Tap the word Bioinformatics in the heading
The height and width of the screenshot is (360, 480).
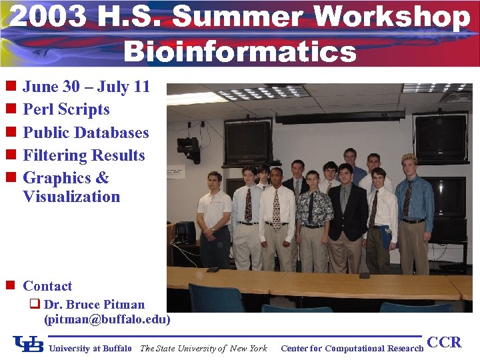pyautogui.click(x=240, y=51)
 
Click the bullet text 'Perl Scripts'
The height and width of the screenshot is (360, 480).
pyautogui.click(x=66, y=109)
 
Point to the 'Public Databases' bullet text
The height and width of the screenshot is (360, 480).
pyautogui.click(x=85, y=132)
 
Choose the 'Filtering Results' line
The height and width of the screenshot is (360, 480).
pyautogui.click(x=83, y=155)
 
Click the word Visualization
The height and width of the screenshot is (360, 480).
pyautogui.click(x=71, y=197)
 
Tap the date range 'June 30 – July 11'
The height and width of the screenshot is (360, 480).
pyautogui.click(x=86, y=87)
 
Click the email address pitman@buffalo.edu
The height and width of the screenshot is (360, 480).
pyautogui.click(x=107, y=319)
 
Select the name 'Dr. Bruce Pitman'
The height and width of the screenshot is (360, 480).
pyautogui.click(x=93, y=305)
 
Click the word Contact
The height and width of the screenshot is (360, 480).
pyautogui.click(x=47, y=286)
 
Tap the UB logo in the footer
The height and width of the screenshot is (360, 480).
pyautogui.click(x=29, y=345)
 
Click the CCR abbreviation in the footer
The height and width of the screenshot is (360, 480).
pyautogui.click(x=444, y=343)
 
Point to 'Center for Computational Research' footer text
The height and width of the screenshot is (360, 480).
pyautogui.click(x=352, y=348)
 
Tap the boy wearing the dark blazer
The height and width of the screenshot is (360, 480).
pyautogui.click(x=345, y=213)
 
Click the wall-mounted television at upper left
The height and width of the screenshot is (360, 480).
pyautogui.click(x=247, y=142)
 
